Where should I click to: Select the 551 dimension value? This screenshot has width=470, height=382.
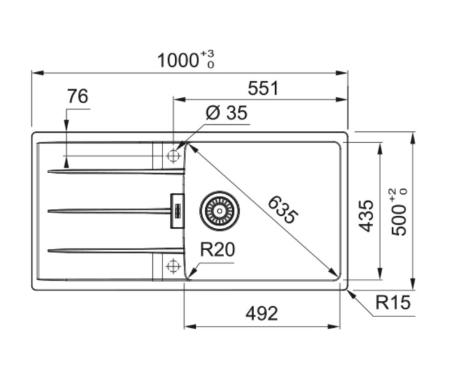click(x=263, y=88)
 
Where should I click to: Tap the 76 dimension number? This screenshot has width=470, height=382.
click(x=77, y=97)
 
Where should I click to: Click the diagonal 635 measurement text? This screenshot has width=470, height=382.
click(x=282, y=209)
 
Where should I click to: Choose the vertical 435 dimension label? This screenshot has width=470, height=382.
click(x=366, y=216)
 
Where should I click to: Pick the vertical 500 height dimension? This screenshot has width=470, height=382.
click(x=399, y=220)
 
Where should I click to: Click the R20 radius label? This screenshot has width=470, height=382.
click(x=217, y=250)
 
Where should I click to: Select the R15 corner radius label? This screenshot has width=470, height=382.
click(x=393, y=302)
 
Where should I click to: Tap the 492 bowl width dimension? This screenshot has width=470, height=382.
click(x=262, y=313)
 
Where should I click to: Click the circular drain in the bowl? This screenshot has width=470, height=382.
click(x=220, y=209)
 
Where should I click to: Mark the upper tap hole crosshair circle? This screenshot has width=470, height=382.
click(x=173, y=156)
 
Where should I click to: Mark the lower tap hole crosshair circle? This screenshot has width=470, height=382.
click(x=173, y=265)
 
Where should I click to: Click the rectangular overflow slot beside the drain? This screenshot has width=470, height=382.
click(x=176, y=209)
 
